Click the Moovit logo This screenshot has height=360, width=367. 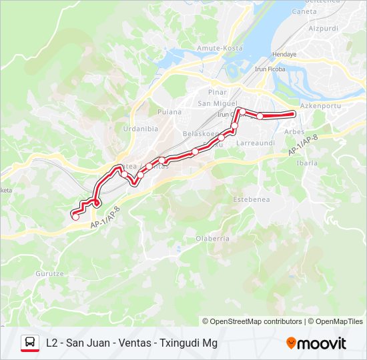[x=316, y=343]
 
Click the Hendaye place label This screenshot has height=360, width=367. [x=284, y=54]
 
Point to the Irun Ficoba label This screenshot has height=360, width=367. [x=270, y=69]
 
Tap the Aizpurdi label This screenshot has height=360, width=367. [x=324, y=30]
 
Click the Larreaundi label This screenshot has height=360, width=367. [x=256, y=143]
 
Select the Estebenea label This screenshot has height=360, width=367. [x=250, y=199]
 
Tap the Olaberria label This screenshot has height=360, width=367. [x=213, y=238]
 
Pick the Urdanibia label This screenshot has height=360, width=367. [x=140, y=129]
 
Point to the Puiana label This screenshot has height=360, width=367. [x=169, y=111]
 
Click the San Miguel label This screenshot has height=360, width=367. [x=218, y=103]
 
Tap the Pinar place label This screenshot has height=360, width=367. [x=218, y=91]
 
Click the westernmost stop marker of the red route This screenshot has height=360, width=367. [x=75, y=217]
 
